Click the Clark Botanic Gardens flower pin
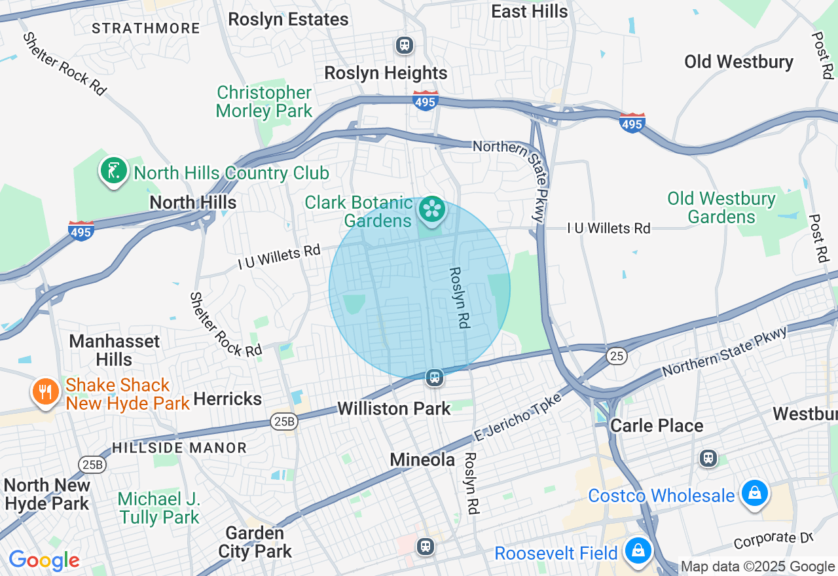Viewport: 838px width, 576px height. tap(432, 209)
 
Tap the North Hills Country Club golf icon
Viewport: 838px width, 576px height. tap(113, 171)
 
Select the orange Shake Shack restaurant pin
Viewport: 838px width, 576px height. tap(45, 392)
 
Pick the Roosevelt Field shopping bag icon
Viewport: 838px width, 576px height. tap(637, 551)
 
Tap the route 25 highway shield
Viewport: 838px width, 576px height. tap(616, 356)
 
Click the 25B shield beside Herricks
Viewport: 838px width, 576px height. tap(284, 422)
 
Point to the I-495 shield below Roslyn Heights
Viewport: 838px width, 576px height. tap(426, 100)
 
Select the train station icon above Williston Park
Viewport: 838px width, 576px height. tap(433, 378)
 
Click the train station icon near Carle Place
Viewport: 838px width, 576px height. tap(708, 458)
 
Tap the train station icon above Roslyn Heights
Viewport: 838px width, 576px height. tap(405, 45)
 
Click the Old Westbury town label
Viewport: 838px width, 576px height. tap(738, 62)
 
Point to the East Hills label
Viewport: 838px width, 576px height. tap(529, 11)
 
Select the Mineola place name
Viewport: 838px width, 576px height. tap(422, 460)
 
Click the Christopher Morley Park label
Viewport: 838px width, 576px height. tap(264, 101)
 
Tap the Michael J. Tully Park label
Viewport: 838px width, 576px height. tap(159, 508)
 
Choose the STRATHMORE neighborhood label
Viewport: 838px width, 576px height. tap(146, 28)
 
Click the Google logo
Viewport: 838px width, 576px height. tap(44, 561)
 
